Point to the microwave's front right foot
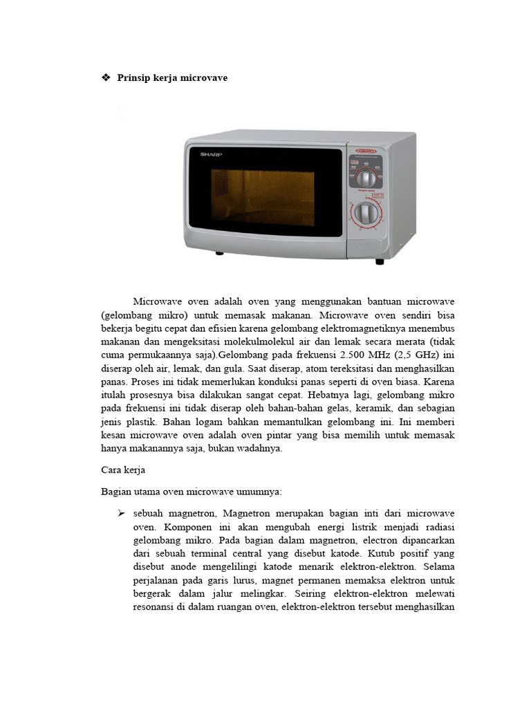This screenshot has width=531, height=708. click(379, 261)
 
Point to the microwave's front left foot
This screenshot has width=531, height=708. click(219, 253)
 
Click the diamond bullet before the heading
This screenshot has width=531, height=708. click(106, 78)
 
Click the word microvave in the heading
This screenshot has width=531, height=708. click(204, 78)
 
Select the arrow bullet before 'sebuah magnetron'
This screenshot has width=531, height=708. click(120, 514)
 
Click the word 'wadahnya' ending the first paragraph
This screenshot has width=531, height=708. click(261, 448)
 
